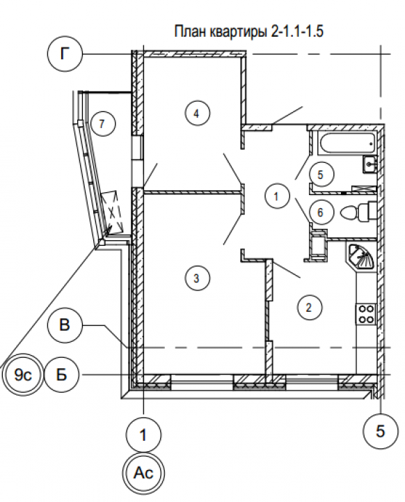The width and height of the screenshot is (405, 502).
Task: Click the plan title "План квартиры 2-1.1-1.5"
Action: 248,31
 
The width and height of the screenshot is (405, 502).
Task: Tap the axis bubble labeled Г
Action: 65,54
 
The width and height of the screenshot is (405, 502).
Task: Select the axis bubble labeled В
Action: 65,325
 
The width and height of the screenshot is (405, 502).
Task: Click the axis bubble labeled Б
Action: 61,374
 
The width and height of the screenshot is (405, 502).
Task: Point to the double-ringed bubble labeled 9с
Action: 22,375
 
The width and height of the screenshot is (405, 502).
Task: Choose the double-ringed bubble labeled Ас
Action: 143,473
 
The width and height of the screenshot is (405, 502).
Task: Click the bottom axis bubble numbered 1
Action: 143,434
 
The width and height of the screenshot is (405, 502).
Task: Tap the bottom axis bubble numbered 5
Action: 381,431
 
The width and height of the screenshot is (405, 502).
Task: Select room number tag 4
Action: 197,113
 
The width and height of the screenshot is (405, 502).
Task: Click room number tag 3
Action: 197,278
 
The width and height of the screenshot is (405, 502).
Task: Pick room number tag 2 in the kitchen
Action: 309,307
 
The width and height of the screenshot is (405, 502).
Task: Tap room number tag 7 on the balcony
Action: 102,123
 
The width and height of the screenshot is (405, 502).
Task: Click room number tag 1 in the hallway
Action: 277,196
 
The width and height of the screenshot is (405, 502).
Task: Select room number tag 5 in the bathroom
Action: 321,175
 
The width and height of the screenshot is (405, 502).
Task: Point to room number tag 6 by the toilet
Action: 321,212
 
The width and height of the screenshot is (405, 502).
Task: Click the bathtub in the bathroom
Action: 347,143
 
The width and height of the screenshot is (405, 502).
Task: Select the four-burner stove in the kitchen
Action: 366,314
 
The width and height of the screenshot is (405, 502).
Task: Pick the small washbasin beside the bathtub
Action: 370,164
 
